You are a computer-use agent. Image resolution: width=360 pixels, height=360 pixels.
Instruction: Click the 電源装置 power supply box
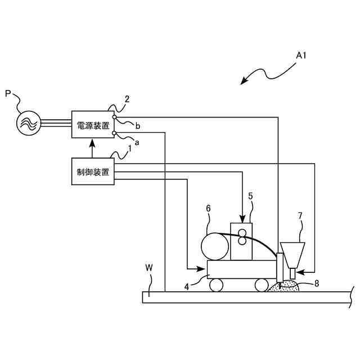[93, 125]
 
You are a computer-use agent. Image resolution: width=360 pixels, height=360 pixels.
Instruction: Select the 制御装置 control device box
[93, 171]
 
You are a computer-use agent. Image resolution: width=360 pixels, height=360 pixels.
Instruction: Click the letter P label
[8, 94]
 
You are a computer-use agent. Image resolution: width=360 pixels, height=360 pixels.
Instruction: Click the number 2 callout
[127, 99]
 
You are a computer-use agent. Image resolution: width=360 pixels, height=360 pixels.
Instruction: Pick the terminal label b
[138, 125]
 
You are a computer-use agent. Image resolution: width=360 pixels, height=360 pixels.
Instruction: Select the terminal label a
[136, 143]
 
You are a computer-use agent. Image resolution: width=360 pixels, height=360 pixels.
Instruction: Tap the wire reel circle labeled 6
[215, 246]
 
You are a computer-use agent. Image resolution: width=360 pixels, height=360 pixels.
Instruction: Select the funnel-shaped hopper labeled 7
[292, 254]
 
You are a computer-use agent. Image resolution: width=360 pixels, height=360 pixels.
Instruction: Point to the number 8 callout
[316, 283]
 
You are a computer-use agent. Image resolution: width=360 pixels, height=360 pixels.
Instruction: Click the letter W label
[148, 267]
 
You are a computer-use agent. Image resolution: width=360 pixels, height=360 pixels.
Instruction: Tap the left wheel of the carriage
[217, 285]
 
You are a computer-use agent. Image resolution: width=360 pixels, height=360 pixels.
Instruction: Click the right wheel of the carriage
[261, 285]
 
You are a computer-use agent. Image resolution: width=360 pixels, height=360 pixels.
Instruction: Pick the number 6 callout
[208, 208]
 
